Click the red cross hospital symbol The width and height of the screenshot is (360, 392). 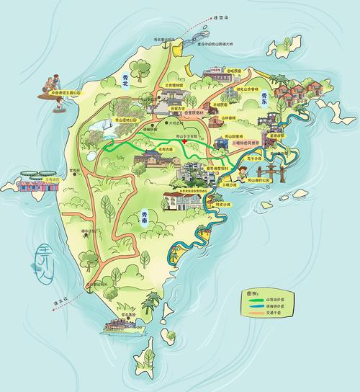point(184,142)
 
